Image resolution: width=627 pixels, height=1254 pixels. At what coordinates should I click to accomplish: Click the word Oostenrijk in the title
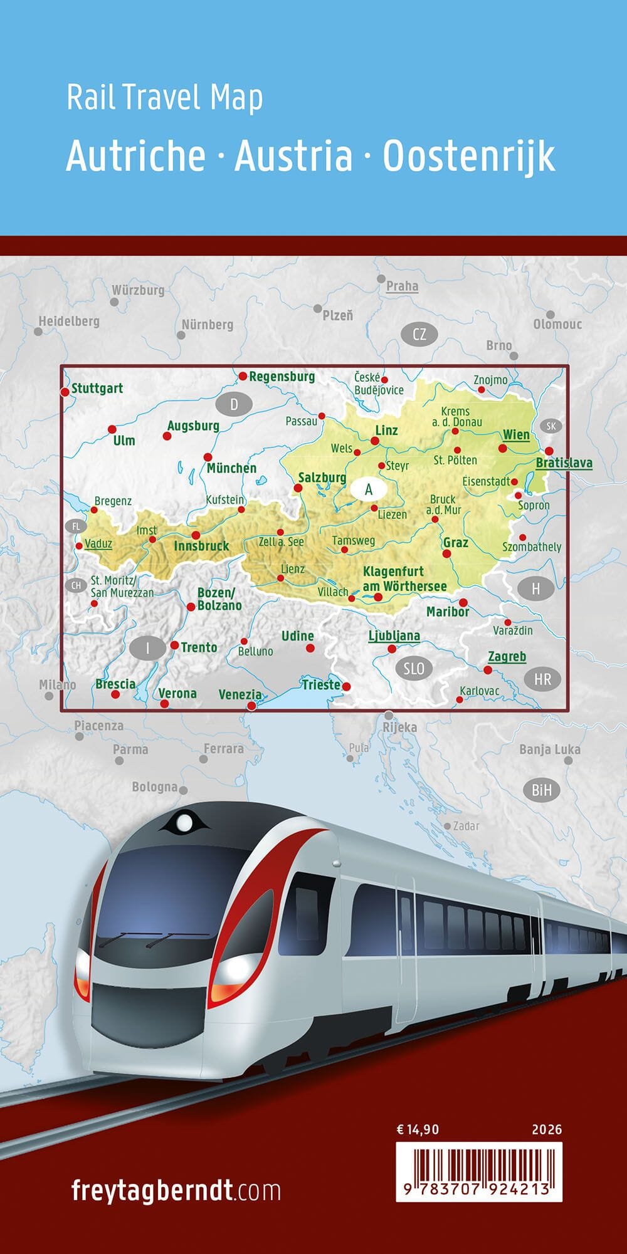pyautogui.click(x=469, y=157)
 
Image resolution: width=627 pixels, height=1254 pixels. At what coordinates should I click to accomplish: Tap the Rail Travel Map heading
pyautogui.click(x=164, y=98)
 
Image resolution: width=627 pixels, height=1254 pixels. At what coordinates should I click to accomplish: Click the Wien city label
pyautogui.click(x=516, y=435)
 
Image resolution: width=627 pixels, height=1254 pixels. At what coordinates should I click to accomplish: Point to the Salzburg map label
pyautogui.click(x=322, y=478)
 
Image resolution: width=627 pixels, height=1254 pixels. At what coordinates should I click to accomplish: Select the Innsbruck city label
pyautogui.click(x=201, y=546)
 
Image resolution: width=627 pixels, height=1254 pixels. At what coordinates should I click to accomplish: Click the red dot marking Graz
pyautogui.click(x=447, y=553)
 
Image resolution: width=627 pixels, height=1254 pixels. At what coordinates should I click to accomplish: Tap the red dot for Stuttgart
pyautogui.click(x=64, y=392)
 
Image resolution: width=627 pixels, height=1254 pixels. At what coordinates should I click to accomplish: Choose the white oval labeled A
pyautogui.click(x=369, y=489)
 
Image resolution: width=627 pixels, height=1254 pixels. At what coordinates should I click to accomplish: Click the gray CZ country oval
pyautogui.click(x=419, y=334)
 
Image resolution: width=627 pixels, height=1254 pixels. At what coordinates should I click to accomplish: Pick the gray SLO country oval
pyautogui.click(x=414, y=668)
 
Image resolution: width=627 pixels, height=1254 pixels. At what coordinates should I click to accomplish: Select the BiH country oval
pyautogui.click(x=542, y=790)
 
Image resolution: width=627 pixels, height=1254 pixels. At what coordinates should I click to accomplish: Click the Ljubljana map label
pyautogui.click(x=394, y=636)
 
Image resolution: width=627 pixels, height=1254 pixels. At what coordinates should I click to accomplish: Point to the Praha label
pyautogui.click(x=402, y=286)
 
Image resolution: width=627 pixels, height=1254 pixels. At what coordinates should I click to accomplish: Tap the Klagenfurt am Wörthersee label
pyautogui.click(x=404, y=579)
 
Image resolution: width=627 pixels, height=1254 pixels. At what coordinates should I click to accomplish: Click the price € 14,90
pyautogui.click(x=418, y=1130)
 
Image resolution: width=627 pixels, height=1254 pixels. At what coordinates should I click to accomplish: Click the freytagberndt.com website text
pyautogui.click(x=176, y=1189)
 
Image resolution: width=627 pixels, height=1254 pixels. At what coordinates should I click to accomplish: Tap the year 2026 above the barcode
pyautogui.click(x=547, y=1130)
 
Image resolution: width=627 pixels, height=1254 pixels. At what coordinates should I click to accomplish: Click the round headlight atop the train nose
pyautogui.click(x=184, y=822)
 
